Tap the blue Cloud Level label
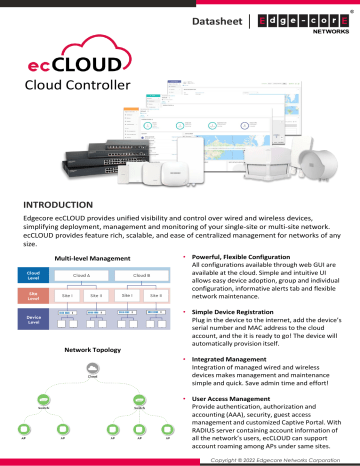(x=33, y=275)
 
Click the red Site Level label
(x=33, y=297)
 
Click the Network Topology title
(x=93, y=351)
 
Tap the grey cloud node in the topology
(x=93, y=374)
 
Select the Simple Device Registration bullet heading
(x=236, y=313)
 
